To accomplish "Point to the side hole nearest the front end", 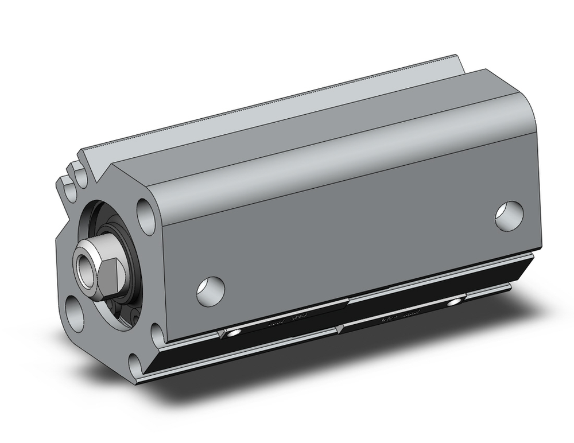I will coord(210,290).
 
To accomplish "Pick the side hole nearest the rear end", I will coord(509,216).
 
